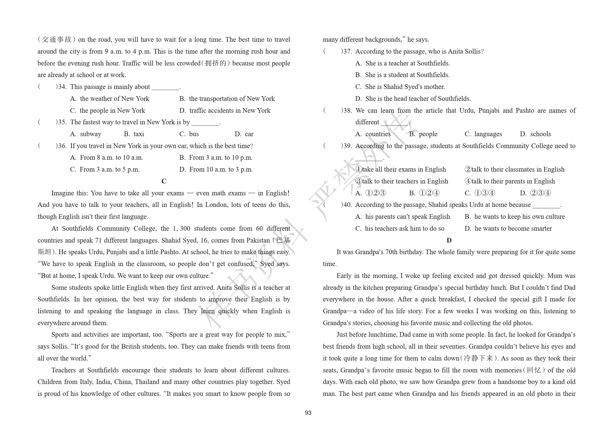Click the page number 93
coord(308,413)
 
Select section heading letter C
coord(164,181)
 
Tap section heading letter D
coord(449,240)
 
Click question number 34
coord(62,87)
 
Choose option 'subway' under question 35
coord(90,134)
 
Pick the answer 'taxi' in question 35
coord(139,134)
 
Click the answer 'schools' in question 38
coord(540,134)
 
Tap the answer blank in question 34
coord(165,87)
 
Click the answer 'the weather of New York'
coord(114,99)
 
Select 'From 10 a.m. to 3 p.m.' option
coord(221,169)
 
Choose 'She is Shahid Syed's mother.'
coord(405,87)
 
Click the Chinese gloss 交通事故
coord(57,40)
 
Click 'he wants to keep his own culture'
coord(519,217)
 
